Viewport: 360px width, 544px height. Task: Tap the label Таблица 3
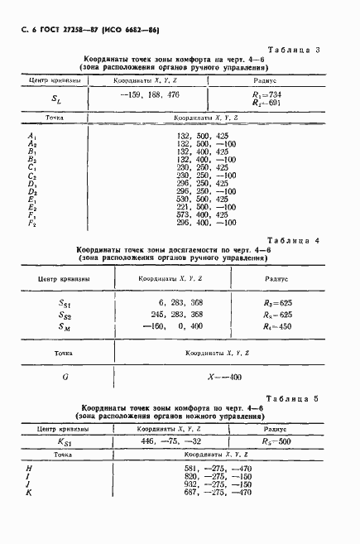tap(319, 51)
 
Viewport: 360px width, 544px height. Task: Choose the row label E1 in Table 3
tap(30, 199)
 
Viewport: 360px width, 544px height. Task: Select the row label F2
tap(30, 222)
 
